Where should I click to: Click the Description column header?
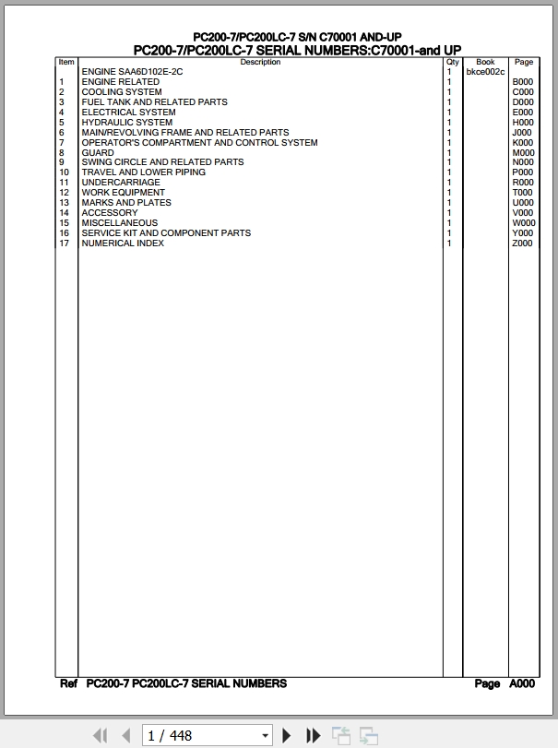(x=260, y=63)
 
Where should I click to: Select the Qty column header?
(x=452, y=63)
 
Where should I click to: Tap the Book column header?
(x=485, y=63)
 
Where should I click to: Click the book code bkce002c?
(x=485, y=72)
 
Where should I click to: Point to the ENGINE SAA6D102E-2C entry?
(x=132, y=72)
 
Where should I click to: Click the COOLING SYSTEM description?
(x=122, y=92)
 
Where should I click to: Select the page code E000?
(x=523, y=113)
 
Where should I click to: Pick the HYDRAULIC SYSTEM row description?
(x=127, y=123)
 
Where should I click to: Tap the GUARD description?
(x=98, y=153)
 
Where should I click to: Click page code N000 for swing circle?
(x=523, y=162)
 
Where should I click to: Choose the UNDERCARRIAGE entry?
(x=121, y=183)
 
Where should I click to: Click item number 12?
(x=65, y=193)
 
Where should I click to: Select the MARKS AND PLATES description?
(x=126, y=203)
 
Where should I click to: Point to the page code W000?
(x=523, y=223)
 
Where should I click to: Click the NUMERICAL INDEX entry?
(x=123, y=243)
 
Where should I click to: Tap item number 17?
(x=65, y=243)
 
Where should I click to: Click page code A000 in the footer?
(x=522, y=684)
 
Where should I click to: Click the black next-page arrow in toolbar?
(x=287, y=735)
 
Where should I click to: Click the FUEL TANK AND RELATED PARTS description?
(x=154, y=102)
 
